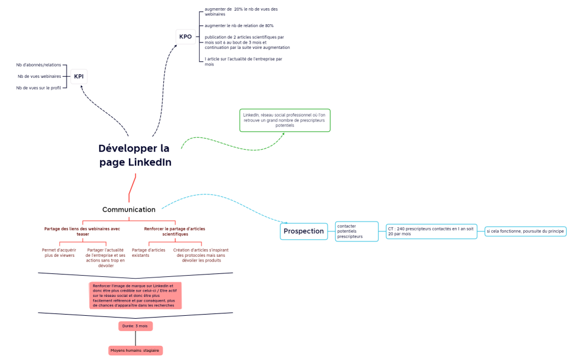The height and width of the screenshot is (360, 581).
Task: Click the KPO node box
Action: tap(186, 37)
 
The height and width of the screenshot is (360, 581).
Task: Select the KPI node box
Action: tap(78, 77)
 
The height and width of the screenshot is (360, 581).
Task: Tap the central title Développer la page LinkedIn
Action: tap(135, 155)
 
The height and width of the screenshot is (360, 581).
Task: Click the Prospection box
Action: tap(303, 232)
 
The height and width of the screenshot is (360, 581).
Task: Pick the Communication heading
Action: tap(129, 210)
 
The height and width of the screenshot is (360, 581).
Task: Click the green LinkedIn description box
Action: tap(285, 120)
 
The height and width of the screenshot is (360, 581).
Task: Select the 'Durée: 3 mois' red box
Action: tap(136, 326)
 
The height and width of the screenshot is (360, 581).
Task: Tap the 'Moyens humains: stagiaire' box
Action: tap(136, 351)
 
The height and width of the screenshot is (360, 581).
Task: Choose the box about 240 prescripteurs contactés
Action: tap(431, 231)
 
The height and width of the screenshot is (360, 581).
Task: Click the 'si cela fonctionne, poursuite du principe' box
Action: tap(525, 232)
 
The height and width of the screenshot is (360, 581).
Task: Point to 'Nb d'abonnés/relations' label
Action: tap(39, 65)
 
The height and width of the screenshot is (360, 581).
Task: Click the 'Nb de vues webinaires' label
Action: tap(39, 76)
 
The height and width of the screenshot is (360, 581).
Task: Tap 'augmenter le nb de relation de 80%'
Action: tap(239, 26)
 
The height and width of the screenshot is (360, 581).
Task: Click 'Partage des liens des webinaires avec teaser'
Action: tap(82, 231)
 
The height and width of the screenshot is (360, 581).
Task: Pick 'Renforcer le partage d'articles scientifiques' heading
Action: tap(175, 231)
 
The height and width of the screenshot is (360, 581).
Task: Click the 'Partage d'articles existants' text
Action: tap(148, 253)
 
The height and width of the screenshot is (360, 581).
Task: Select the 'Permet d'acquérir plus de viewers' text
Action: tap(59, 253)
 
